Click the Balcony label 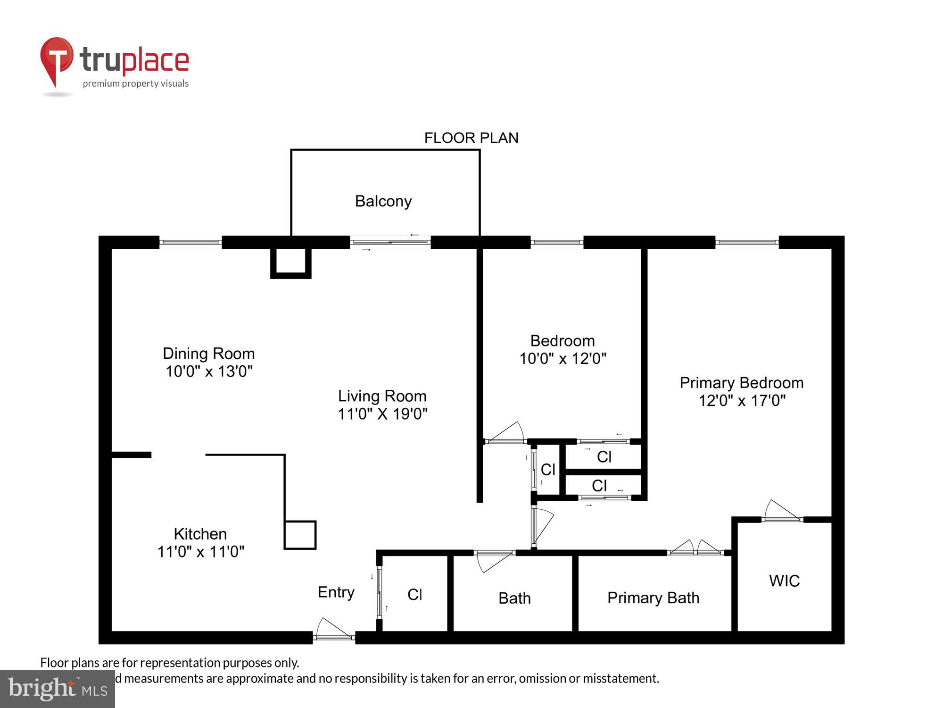[383, 201]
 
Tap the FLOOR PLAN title [471, 138]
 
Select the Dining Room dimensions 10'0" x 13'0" [209, 371]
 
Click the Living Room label [382, 396]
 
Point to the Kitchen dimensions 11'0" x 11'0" [201, 552]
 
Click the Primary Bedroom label [741, 383]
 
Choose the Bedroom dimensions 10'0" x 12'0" [562, 359]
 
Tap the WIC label [784, 581]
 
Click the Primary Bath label [653, 598]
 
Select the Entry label [336, 592]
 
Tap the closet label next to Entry [414, 595]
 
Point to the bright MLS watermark [58, 689]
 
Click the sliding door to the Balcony [390, 242]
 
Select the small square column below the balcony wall [290, 262]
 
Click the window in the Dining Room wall [190, 242]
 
